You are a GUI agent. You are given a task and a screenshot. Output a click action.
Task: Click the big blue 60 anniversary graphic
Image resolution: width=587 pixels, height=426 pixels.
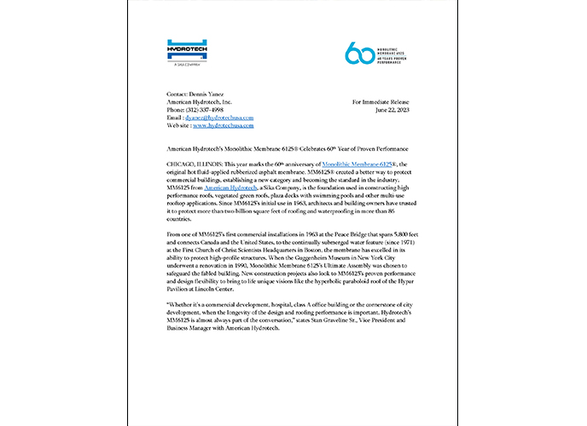coord(360,53)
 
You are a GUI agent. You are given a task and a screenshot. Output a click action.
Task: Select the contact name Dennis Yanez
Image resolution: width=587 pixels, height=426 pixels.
coord(209,95)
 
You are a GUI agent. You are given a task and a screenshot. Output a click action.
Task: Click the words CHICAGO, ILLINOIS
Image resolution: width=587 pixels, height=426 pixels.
coord(191,162)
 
